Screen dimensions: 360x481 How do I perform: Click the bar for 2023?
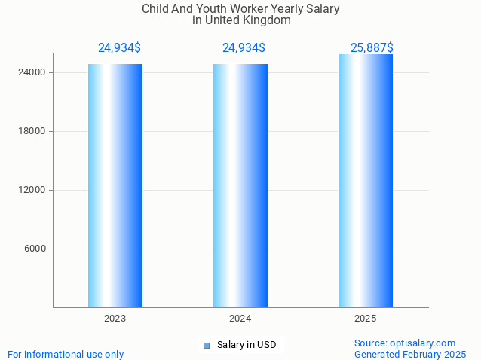pyautogui.click(x=115, y=185)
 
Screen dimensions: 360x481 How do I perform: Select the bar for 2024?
pyautogui.click(x=240, y=185)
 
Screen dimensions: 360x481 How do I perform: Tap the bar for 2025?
pyautogui.click(x=366, y=181)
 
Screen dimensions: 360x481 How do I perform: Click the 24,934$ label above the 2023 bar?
pyautogui.click(x=119, y=48)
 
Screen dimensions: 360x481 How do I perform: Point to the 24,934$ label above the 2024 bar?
pyautogui.click(x=244, y=48)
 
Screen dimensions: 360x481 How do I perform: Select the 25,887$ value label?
pyautogui.click(x=372, y=48)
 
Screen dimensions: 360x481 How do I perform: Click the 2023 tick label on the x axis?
pyautogui.click(x=115, y=319)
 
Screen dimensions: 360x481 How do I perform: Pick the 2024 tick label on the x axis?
pyautogui.click(x=240, y=319)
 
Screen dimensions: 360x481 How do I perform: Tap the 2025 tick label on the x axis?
pyautogui.click(x=366, y=319)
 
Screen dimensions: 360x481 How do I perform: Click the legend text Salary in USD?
pyautogui.click(x=247, y=345)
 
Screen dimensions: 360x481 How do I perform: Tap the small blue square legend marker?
pyautogui.click(x=207, y=346)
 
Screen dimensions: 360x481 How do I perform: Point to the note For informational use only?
pyautogui.click(x=66, y=354)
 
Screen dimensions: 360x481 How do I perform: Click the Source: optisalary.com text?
pyautogui.click(x=405, y=343)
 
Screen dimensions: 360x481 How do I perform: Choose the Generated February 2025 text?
pyautogui.click(x=410, y=354)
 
